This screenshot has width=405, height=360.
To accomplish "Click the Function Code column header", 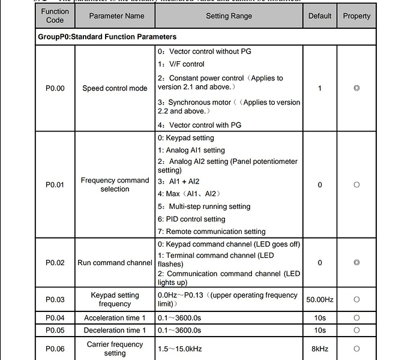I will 55,16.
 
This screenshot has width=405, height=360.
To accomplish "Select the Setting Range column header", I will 229,16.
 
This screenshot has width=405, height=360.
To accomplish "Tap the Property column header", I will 356,16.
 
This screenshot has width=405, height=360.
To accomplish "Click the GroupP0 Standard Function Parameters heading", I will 107,37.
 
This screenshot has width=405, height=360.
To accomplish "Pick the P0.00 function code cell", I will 55,88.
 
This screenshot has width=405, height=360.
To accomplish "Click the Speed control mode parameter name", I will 115,88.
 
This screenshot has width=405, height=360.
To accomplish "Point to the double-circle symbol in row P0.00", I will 356,88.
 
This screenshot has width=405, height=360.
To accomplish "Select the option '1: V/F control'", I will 181,64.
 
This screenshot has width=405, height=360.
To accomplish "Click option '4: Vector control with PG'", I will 203,125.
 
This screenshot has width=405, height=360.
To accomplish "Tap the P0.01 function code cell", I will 55,185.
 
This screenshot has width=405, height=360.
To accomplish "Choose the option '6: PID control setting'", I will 191,219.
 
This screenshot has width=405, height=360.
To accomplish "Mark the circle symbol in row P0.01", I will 356,185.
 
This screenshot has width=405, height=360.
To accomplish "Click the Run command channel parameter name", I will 115,263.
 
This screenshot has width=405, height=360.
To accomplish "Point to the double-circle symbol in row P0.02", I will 356,263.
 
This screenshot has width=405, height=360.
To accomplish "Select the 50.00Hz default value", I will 320,299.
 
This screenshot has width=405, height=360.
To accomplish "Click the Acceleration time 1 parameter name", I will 115,318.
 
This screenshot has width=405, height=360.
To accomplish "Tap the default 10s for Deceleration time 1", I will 320,331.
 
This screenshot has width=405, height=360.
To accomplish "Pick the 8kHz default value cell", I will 320,349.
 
